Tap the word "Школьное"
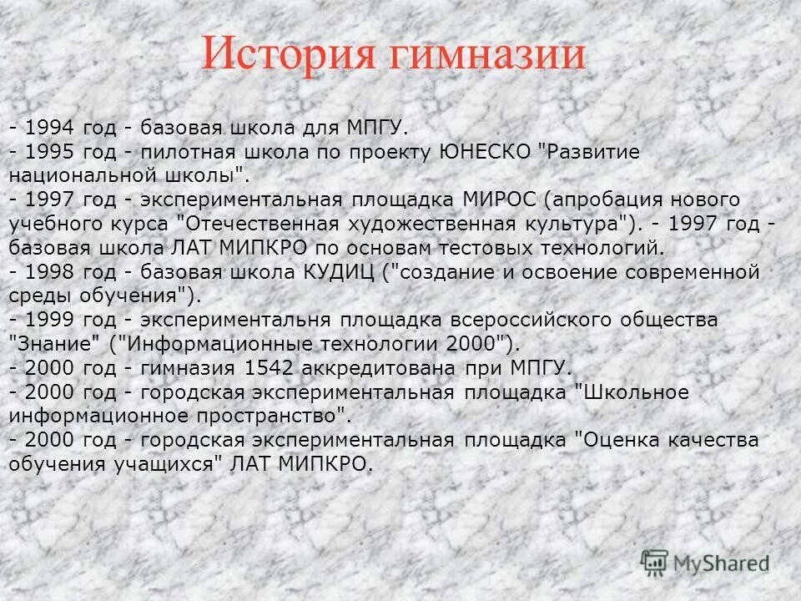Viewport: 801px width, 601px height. tap(633, 392)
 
